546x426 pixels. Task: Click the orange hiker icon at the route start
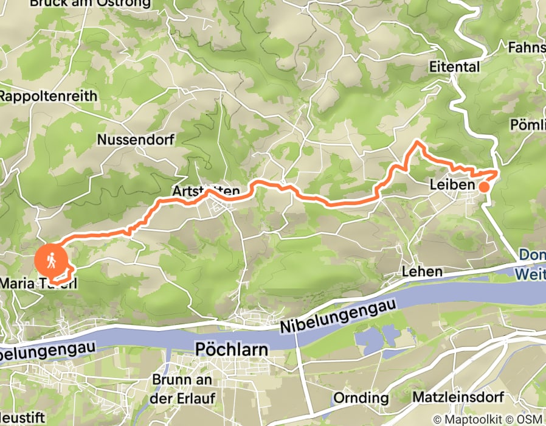tap(52, 260)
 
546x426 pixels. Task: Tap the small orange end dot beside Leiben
tap(483, 187)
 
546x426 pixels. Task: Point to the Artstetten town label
tap(206, 192)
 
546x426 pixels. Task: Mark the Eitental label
tap(454, 67)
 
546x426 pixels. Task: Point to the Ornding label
tap(361, 398)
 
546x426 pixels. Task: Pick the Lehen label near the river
tap(421, 272)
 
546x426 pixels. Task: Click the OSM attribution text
tap(531, 419)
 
